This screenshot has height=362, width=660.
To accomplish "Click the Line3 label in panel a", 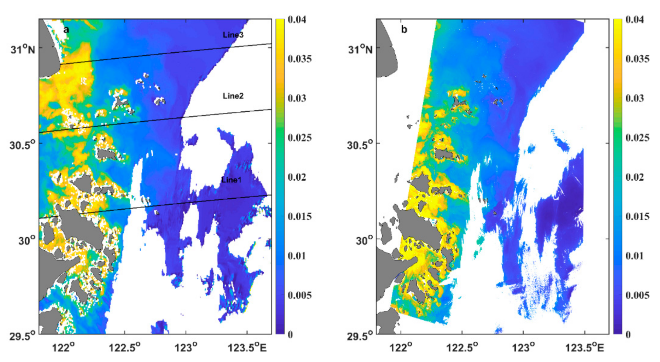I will (233, 35).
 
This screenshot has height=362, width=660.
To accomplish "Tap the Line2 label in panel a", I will (233, 96).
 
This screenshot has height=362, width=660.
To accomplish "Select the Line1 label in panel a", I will (231, 180).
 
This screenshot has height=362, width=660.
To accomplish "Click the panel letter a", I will (66, 29).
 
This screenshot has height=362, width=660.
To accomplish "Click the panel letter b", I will (404, 29).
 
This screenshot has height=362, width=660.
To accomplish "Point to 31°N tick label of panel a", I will (23, 49).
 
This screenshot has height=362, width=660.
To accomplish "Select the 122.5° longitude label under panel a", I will (124, 347).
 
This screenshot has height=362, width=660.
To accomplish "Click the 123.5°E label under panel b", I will (585, 347).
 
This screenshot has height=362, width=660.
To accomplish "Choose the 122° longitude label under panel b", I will (401, 347).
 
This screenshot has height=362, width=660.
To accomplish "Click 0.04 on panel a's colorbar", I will (297, 20).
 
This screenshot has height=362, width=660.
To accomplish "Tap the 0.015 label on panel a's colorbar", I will (299, 216).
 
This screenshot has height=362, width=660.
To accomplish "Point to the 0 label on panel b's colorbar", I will (628, 335).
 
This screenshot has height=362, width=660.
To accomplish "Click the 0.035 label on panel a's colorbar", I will (299, 59).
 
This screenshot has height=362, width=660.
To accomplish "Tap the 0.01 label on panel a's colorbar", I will (297, 256).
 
